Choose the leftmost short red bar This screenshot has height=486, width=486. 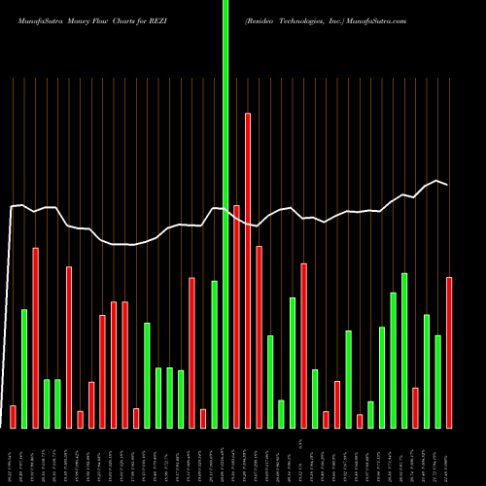13,416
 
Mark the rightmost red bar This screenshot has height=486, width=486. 449,352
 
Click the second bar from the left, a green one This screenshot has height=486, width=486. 24,368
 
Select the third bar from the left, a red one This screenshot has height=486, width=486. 36,337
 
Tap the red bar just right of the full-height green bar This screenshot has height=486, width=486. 236,316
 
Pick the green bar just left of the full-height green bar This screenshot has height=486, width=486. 214,354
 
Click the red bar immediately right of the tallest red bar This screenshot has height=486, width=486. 259,336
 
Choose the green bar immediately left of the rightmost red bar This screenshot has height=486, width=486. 437,381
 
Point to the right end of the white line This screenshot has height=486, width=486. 448,185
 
